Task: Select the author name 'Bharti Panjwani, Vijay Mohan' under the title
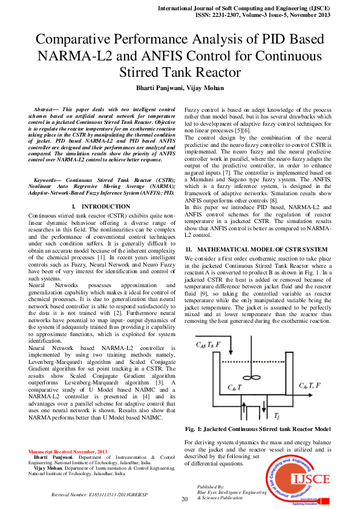click(x=180, y=88)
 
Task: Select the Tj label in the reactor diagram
click(x=277, y=417)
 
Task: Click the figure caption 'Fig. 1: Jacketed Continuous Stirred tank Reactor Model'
click(x=257, y=429)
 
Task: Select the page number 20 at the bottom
click(x=185, y=499)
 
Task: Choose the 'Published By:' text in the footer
click(x=211, y=486)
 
